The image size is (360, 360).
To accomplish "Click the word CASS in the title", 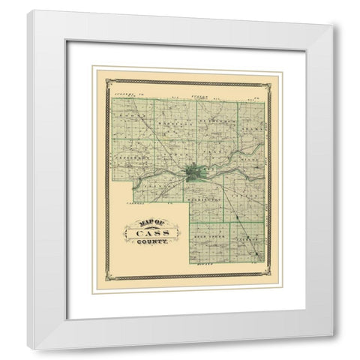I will click(151, 232).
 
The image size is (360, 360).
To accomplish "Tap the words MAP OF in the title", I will click(151, 221).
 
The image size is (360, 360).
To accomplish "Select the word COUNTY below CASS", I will click(152, 242).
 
